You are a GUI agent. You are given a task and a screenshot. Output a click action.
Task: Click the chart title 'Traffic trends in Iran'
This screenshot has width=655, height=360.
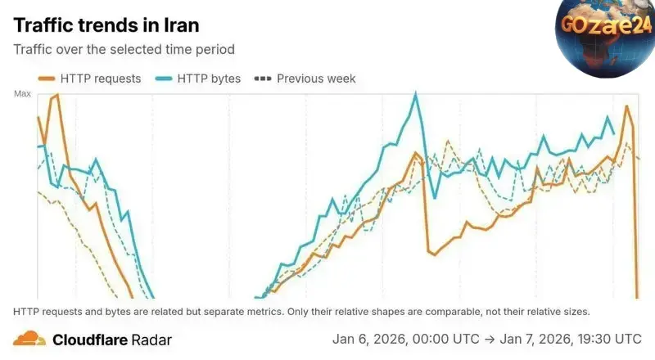click(106, 25)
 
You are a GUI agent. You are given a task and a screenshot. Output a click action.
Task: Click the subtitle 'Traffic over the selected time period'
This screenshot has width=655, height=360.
click(124, 49)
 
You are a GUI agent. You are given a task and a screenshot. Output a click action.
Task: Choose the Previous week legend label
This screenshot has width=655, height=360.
click(316, 79)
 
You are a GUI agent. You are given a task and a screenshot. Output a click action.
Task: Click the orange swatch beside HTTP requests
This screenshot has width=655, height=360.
click(45, 79)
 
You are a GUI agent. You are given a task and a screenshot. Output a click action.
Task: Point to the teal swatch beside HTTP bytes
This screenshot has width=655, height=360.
click(162, 79)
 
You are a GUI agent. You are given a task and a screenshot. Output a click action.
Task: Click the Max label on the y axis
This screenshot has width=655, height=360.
click(23, 94)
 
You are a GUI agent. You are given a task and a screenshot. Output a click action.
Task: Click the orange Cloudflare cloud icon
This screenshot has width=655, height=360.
click(29, 338)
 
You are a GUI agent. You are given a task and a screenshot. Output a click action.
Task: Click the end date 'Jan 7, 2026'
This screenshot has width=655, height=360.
click(531, 339)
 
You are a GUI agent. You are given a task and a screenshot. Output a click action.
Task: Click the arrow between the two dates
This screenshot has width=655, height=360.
click(488, 339)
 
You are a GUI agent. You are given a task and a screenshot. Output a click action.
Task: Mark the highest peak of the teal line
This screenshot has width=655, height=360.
click(416, 93)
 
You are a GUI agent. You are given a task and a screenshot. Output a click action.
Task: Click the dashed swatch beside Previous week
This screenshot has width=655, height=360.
click(263, 79)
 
